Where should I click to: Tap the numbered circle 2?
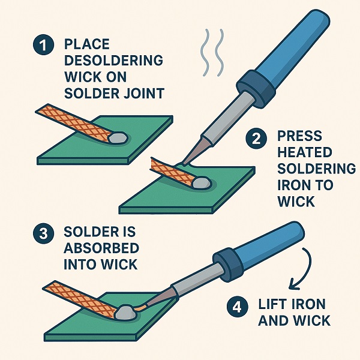click(256, 140)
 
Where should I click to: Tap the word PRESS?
click(300, 136)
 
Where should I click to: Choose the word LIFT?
click(275, 304)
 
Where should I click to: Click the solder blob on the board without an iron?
click(118, 137)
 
